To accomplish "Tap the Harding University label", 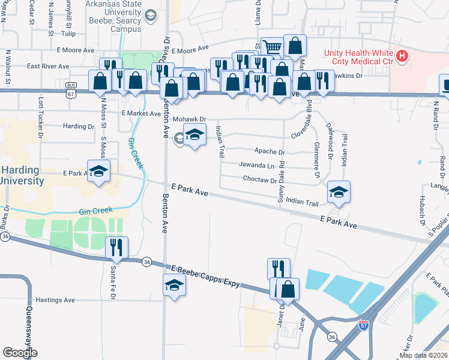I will pyautogui.click(x=21, y=175).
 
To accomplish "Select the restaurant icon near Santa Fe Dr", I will pyautogui.click(x=116, y=248).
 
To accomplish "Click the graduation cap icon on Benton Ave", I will pyautogui.click(x=174, y=285).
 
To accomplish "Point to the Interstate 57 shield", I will pyautogui.click(x=364, y=325).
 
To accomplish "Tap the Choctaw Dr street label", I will pyautogui.click(x=259, y=179).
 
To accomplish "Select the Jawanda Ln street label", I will pyautogui.click(x=256, y=165).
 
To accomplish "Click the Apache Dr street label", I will pyautogui.click(x=270, y=152).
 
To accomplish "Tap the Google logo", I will pyautogui.click(x=20, y=352).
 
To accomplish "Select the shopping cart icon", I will pyautogui.click(x=273, y=46).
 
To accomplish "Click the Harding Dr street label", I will pyautogui.click(x=79, y=127).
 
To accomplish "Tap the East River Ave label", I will pyautogui.click(x=48, y=67).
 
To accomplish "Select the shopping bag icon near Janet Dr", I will pyautogui.click(x=289, y=289).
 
